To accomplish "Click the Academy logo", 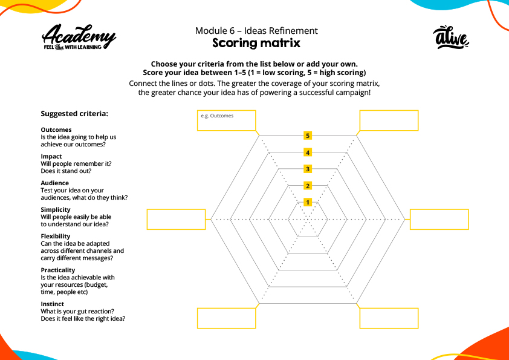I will (x=79, y=38).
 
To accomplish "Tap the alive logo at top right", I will (x=452, y=38).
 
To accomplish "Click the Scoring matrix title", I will (x=256, y=44).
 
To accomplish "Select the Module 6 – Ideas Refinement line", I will (x=256, y=31).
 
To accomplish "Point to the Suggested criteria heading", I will (x=74, y=114).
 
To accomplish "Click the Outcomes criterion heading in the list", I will (x=56, y=129).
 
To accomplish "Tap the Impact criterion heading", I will (x=51, y=156).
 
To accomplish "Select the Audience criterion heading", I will (x=55, y=183).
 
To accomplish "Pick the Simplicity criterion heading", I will (x=56, y=209).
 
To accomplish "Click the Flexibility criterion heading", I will (x=56, y=236).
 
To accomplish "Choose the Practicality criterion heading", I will (x=58, y=270).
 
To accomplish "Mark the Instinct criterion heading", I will (x=53, y=304).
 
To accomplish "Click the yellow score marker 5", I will (x=308, y=136).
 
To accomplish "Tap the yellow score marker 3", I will (x=308, y=169).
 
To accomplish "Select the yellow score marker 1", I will (x=308, y=202).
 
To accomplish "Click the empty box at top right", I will (x=389, y=120).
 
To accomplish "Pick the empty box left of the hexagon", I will (x=176, y=219).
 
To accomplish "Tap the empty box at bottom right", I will (x=389, y=318).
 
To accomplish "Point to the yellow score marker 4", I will (x=308, y=152).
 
